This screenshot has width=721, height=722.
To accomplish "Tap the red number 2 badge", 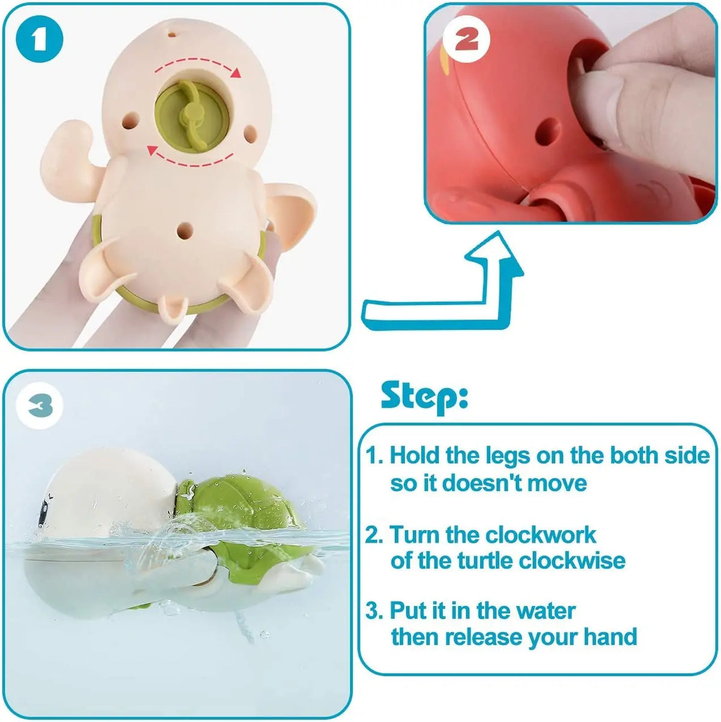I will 466,40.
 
